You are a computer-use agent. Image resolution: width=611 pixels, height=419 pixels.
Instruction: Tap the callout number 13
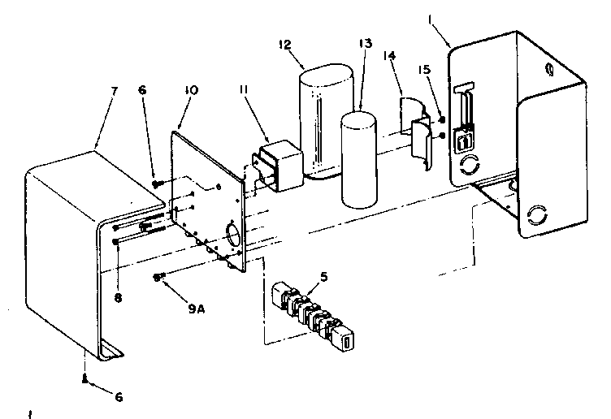pos(366,45)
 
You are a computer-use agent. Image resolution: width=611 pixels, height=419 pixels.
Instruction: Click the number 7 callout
pos(115,91)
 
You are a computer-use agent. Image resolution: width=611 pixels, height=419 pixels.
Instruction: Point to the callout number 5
pos(325,276)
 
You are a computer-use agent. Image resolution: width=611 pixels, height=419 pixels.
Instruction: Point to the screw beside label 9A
pos(157,278)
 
